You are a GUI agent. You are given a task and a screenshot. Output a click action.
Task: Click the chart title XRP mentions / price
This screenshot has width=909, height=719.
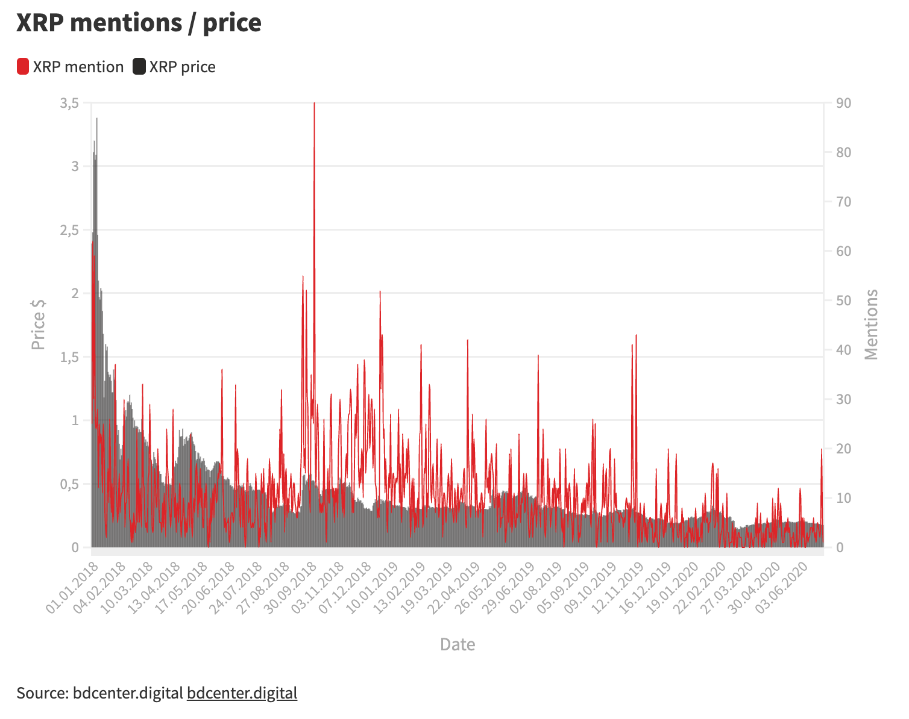139,23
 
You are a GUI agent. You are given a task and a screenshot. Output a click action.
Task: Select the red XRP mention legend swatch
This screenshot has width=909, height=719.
23,67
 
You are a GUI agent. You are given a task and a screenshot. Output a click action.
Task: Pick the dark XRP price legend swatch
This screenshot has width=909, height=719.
139,67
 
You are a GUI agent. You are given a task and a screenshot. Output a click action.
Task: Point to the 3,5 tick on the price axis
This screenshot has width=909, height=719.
69,104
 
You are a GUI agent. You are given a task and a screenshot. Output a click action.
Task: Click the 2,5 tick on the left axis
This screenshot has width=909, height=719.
69,231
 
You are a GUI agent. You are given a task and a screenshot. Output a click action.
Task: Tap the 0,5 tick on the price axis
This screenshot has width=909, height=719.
69,484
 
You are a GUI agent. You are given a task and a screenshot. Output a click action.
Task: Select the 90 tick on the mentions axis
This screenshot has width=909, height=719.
844,104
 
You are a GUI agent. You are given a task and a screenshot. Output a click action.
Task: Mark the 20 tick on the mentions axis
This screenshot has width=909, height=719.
844,449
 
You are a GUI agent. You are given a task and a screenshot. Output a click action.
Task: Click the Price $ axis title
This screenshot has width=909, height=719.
39,323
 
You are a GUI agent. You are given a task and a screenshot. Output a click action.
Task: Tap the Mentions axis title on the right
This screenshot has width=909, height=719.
871,325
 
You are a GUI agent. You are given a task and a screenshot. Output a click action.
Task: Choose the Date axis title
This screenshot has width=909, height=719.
458,644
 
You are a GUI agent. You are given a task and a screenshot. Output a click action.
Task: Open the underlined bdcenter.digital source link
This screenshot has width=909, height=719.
242,693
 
